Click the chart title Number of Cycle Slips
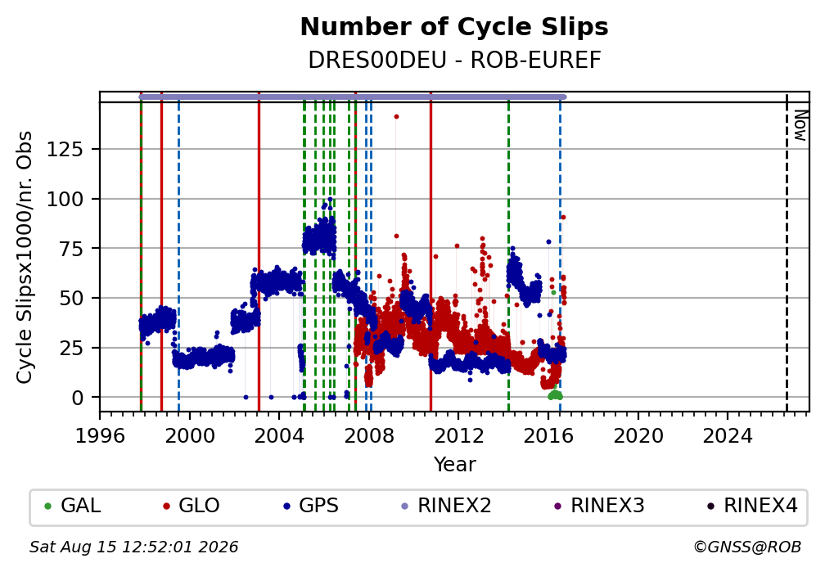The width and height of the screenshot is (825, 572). [454, 27]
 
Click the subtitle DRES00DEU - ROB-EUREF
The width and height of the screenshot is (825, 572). [454, 61]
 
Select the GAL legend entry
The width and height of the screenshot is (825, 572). [73, 506]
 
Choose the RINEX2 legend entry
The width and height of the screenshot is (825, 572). [446, 506]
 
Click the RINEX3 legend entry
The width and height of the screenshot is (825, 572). [599, 506]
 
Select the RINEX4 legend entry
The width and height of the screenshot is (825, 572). [752, 506]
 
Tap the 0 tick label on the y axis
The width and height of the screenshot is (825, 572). [78, 398]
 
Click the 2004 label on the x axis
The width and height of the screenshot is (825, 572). [279, 435]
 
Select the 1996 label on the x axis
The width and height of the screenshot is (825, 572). [100, 435]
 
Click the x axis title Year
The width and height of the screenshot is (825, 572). [454, 465]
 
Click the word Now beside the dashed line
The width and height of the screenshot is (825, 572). [800, 125]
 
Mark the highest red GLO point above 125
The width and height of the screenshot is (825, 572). [397, 117]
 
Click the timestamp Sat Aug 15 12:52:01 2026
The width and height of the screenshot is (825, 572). [133, 547]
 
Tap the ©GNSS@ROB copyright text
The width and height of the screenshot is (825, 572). [747, 547]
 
